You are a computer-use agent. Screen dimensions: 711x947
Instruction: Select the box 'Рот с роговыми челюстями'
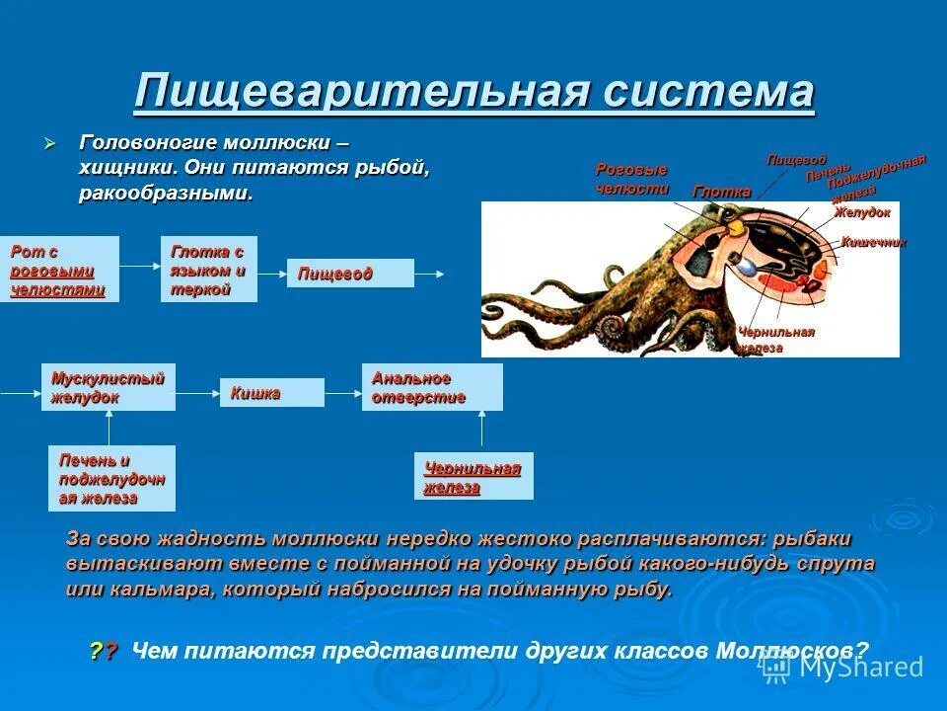click(x=59, y=269)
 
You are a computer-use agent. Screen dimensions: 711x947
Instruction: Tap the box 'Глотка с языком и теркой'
click(x=208, y=269)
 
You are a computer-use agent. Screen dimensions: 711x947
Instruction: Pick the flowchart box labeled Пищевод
click(x=350, y=274)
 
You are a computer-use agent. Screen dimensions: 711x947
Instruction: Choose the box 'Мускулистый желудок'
click(x=108, y=387)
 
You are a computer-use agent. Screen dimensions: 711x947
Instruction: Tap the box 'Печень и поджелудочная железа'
click(x=111, y=478)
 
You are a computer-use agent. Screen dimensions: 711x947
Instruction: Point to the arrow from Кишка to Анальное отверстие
click(x=343, y=393)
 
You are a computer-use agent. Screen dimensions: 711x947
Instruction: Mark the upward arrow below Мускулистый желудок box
click(x=109, y=428)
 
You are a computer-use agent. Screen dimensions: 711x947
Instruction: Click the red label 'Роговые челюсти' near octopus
click(x=632, y=179)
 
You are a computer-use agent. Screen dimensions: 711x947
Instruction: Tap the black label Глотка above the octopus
click(x=721, y=192)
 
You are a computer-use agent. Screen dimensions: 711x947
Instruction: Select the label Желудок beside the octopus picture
click(x=861, y=212)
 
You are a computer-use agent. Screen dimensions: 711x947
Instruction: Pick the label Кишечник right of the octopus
click(x=872, y=242)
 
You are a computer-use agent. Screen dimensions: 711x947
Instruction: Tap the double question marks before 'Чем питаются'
click(x=103, y=651)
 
